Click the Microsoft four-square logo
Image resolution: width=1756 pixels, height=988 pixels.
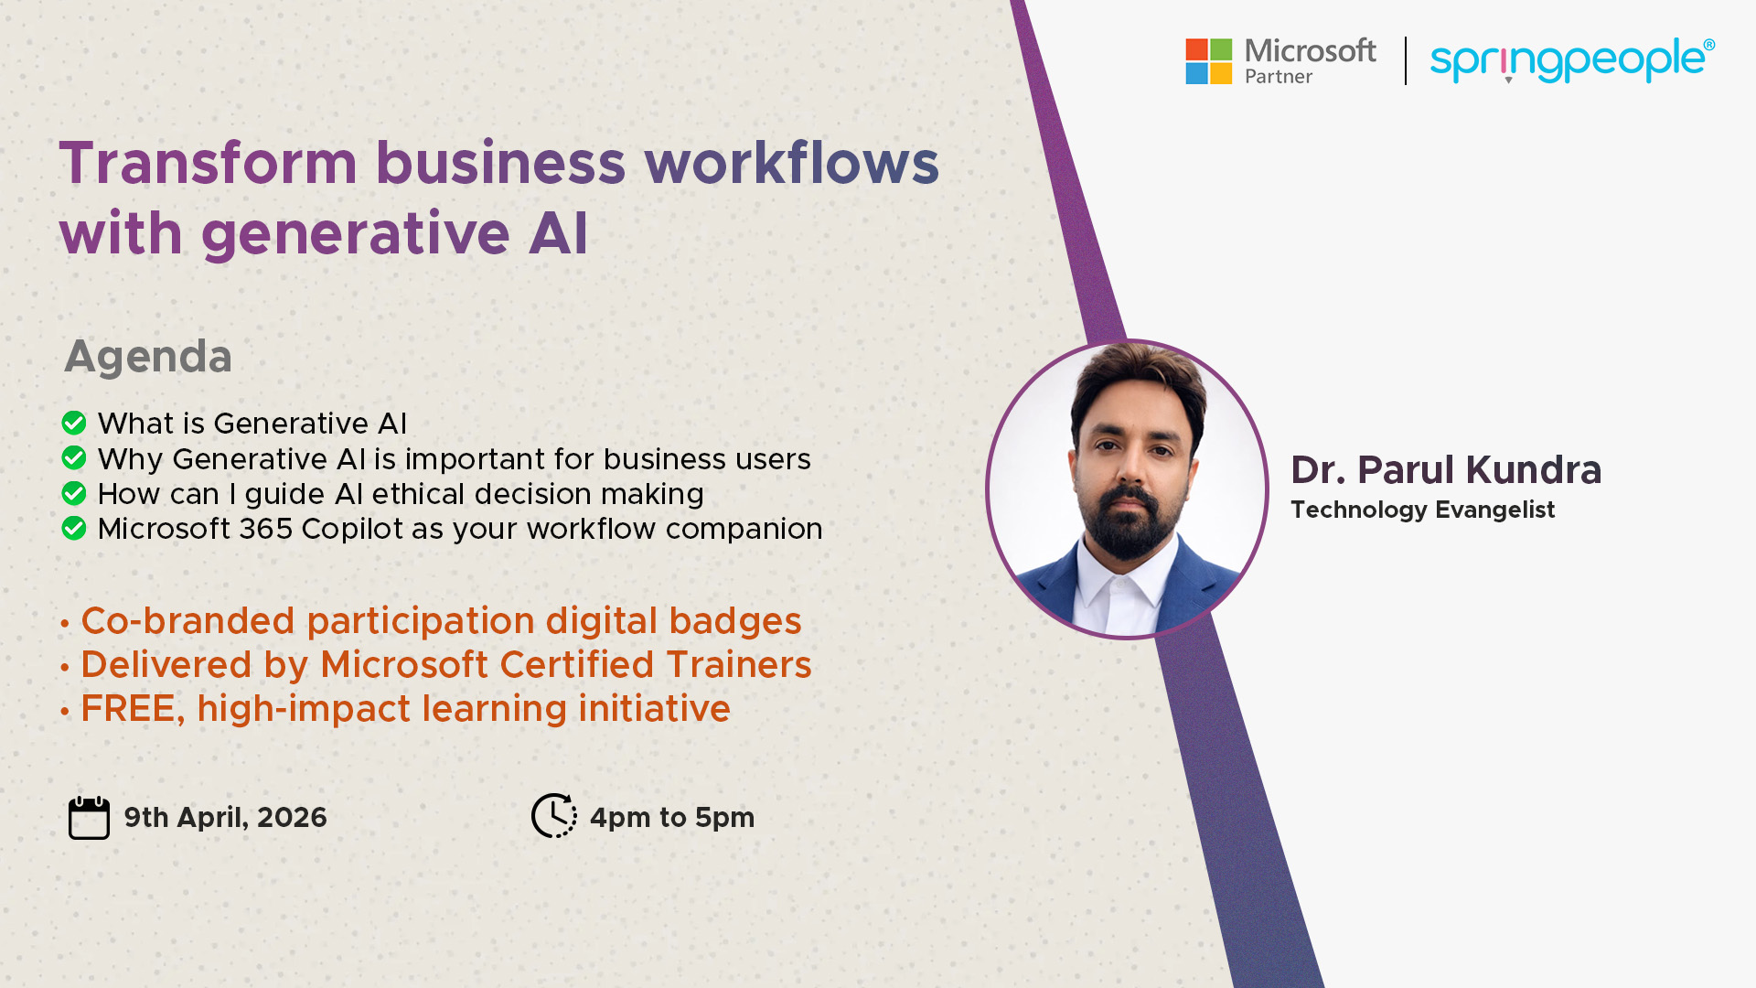coord(1209,61)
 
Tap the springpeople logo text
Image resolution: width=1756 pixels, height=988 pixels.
coord(1572,60)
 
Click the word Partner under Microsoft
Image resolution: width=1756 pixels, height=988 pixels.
coord(1279,77)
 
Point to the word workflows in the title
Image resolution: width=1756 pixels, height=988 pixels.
coord(792,164)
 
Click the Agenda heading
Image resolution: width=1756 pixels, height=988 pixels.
coord(148,357)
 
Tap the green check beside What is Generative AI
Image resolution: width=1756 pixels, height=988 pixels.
coord(74,423)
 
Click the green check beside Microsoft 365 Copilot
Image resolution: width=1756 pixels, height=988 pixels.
coord(74,528)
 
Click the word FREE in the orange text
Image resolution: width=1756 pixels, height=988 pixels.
coord(133,709)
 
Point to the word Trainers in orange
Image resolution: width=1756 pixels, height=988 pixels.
coord(739,665)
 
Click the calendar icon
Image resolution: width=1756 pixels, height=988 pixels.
coord(89,817)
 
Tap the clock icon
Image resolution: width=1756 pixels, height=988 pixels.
coord(554,815)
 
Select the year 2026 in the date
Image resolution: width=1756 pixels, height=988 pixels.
coord(292,817)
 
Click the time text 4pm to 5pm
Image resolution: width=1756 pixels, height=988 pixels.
coord(672,818)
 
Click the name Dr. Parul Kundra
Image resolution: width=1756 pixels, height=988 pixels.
coord(1446,470)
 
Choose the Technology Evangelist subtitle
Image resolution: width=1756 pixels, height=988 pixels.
coord(1422,510)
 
